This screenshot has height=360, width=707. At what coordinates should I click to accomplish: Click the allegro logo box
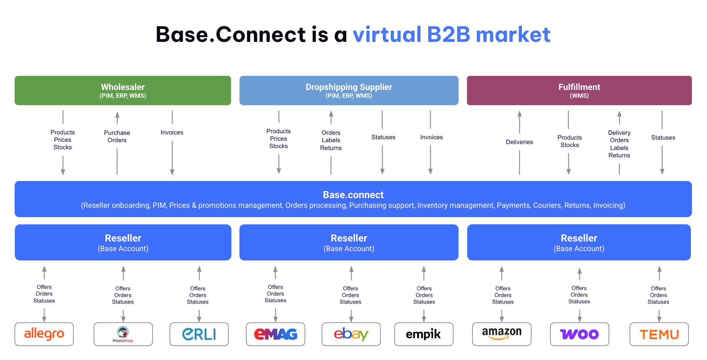click(44, 334)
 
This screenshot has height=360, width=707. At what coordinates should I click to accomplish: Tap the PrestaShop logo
click(123, 334)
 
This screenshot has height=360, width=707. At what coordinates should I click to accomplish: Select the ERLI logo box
click(199, 334)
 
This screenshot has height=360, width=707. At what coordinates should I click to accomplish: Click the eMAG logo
click(275, 334)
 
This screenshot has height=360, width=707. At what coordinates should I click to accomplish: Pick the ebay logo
click(351, 334)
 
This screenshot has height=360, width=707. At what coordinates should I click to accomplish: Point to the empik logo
click(423, 334)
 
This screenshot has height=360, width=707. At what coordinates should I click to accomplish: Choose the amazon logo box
click(502, 334)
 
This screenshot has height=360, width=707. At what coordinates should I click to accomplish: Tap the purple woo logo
click(579, 334)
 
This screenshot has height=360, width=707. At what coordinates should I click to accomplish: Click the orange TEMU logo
click(659, 334)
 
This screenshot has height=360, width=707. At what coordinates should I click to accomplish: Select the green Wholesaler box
click(123, 90)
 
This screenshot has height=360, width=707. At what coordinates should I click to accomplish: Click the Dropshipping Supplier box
click(349, 90)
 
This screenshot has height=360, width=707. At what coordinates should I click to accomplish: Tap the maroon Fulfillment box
click(579, 90)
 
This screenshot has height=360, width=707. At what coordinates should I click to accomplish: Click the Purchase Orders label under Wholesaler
click(117, 136)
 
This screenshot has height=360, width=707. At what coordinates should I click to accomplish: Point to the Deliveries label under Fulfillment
click(519, 142)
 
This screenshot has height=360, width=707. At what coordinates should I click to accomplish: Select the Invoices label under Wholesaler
click(172, 132)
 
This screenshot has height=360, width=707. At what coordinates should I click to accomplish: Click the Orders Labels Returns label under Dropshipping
click(331, 140)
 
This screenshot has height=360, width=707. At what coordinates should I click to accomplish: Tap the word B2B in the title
click(448, 34)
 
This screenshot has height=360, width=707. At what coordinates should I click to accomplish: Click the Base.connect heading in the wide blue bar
click(353, 195)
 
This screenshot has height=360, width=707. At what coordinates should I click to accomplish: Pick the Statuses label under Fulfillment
click(663, 137)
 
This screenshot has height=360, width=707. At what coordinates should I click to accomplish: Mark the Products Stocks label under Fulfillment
click(569, 141)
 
